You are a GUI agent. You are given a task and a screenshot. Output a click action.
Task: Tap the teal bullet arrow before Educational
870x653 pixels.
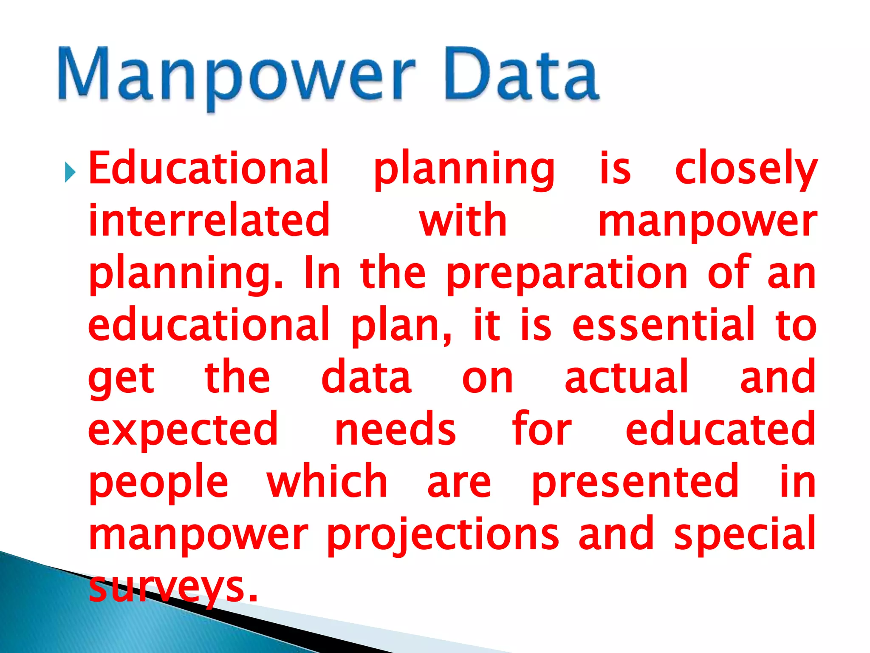(x=70, y=173)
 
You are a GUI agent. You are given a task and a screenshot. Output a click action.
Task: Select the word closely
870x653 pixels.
(x=746, y=169)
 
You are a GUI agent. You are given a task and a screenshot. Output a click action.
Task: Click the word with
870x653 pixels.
(x=463, y=220)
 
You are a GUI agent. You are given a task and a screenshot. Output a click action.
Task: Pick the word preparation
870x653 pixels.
(x=567, y=273)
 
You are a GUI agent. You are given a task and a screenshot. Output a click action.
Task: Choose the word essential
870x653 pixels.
(x=663, y=325)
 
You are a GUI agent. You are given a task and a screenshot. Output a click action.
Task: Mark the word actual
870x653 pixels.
(x=626, y=378)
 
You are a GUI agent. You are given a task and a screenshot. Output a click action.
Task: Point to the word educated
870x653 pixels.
(x=720, y=429)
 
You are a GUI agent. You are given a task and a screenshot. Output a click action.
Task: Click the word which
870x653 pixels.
(x=327, y=482)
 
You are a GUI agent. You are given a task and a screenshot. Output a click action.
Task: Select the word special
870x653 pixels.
(x=745, y=534)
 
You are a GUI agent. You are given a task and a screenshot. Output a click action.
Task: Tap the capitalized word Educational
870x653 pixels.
(x=209, y=168)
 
